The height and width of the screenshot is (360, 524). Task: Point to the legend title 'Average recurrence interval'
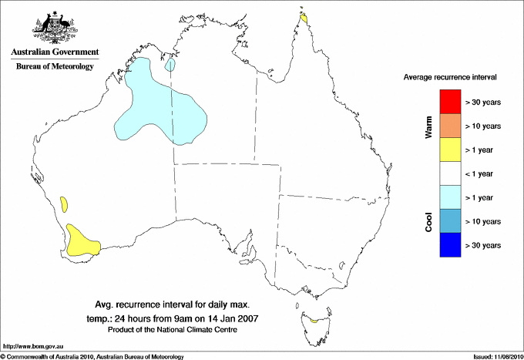pyautogui.click(x=449, y=78)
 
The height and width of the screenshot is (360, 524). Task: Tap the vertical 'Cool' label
pyautogui.click(x=428, y=222)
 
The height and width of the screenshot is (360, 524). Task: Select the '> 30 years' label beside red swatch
pyautogui.click(x=483, y=102)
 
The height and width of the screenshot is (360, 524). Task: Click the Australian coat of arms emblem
pyautogui.click(x=55, y=27)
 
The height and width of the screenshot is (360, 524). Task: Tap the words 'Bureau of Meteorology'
pyautogui.click(x=55, y=66)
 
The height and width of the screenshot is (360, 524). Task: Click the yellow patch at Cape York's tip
pyautogui.click(x=305, y=17)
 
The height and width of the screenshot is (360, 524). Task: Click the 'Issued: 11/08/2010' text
pyautogui.click(x=496, y=356)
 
